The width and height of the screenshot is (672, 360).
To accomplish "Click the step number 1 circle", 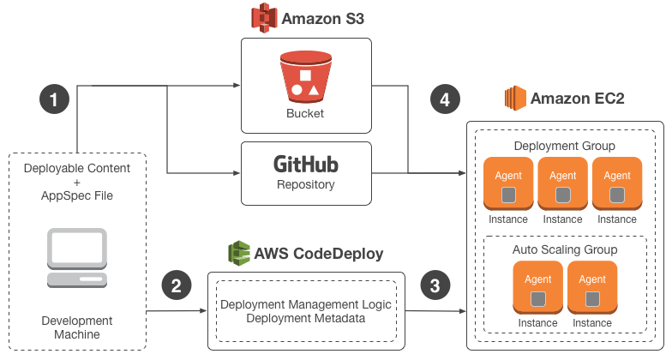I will [x=54, y=99].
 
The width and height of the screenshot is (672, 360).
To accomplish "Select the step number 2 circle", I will [x=176, y=286].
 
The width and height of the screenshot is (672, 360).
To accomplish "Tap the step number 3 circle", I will [x=435, y=286].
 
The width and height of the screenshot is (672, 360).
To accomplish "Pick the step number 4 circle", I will [x=444, y=99].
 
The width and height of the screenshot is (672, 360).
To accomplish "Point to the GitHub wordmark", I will [x=306, y=164].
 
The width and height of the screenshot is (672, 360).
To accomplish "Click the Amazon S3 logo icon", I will [x=264, y=18].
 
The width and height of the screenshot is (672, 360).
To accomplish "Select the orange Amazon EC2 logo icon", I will [x=514, y=98].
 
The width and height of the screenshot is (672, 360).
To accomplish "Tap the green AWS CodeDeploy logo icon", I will [x=239, y=254].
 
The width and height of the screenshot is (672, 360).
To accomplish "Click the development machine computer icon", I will [x=77, y=258].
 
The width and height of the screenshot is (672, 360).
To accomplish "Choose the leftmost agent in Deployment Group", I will [x=508, y=183].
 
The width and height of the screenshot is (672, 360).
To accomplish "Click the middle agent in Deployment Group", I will [x=562, y=183].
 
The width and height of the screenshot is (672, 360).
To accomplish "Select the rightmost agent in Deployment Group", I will [x=617, y=183].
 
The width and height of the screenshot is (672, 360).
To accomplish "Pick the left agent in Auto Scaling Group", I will [x=537, y=288].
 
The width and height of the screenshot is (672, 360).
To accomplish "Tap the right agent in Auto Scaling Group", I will [x=592, y=288].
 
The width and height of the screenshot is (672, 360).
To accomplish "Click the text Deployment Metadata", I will [x=305, y=319].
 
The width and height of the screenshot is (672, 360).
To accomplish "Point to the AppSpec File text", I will [x=77, y=195].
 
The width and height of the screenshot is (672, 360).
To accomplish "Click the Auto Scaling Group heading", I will [x=565, y=249].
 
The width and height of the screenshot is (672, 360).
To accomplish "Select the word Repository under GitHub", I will [x=306, y=184].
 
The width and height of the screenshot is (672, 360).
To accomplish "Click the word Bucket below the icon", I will [x=305, y=113].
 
